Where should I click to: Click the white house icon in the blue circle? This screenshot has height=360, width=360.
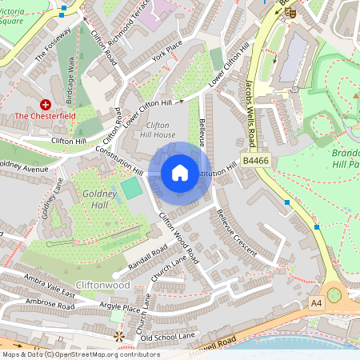click(x=180, y=173)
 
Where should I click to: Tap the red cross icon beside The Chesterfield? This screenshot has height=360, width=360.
click(x=46, y=104)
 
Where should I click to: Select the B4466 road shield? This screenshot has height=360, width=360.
click(x=254, y=162)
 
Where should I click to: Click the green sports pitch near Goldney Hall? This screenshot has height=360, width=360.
click(x=130, y=189)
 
